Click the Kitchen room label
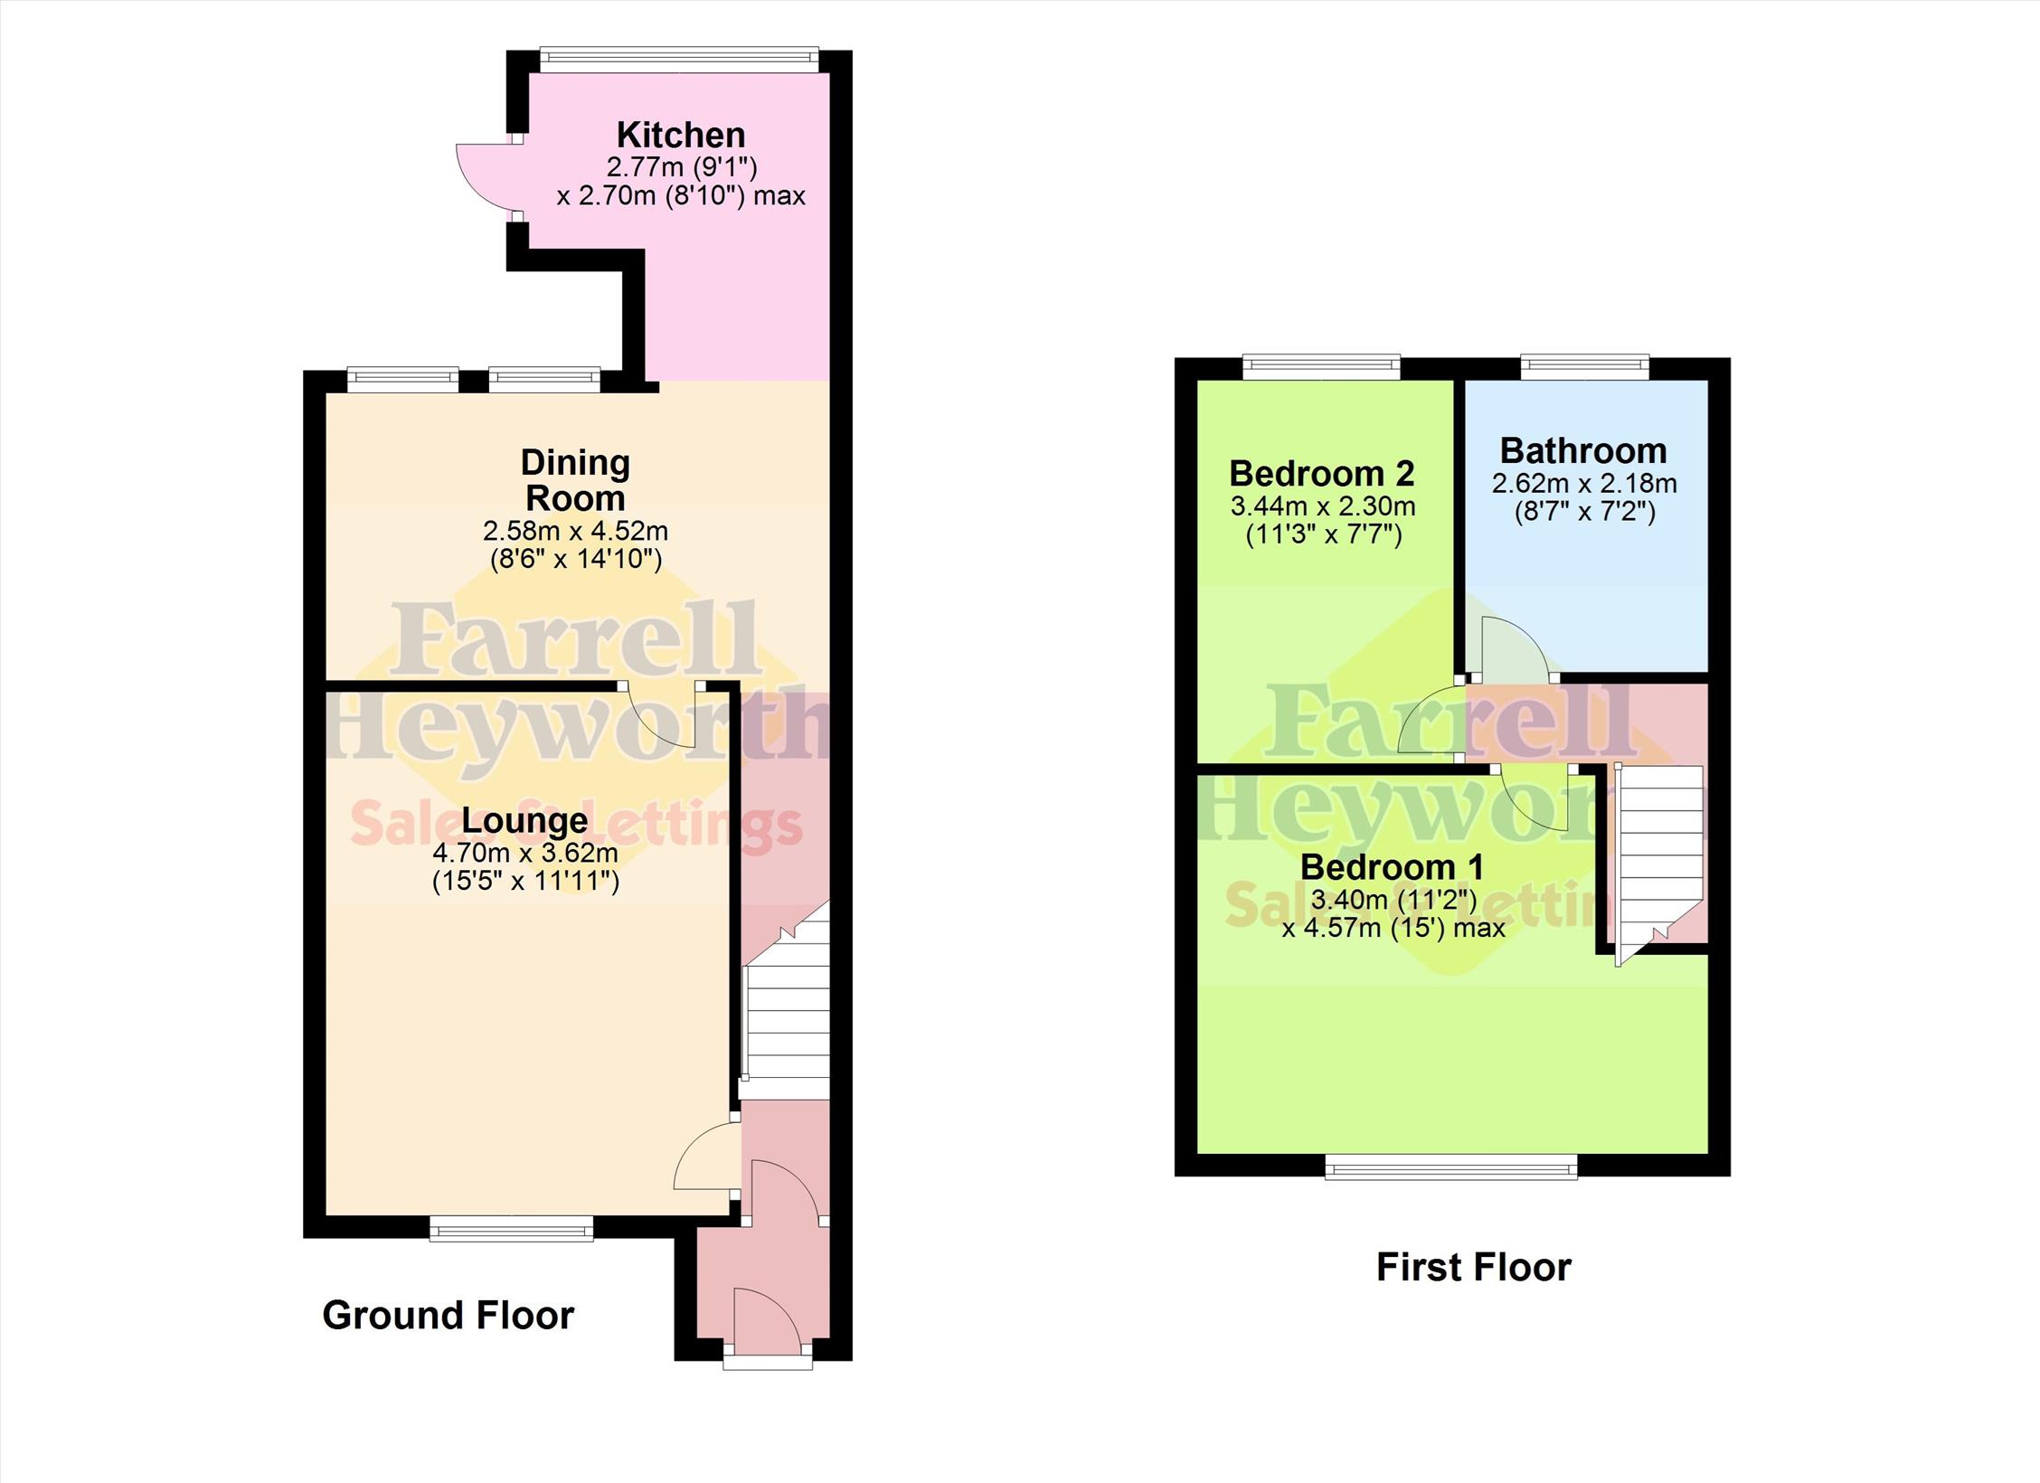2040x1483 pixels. [x=681, y=136]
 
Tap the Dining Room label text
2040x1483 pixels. [x=575, y=480]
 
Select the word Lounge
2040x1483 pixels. [x=524, y=821]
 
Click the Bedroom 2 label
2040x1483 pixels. [x=1322, y=473]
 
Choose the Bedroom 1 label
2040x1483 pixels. [x=1392, y=867]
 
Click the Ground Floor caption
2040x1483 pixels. [x=448, y=1315]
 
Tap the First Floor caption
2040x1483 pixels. [x=1474, y=1267]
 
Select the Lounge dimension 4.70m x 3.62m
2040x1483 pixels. [x=525, y=853]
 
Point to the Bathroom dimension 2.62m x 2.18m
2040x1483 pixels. [x=1584, y=483]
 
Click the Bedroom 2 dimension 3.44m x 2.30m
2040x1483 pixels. [x=1323, y=505]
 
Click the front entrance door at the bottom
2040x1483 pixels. [x=767, y=1323]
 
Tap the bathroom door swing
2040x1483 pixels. [x=1515, y=647]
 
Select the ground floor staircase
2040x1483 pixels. [x=786, y=999]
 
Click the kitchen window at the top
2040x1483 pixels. [x=679, y=60]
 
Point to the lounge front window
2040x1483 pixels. [x=512, y=1227]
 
